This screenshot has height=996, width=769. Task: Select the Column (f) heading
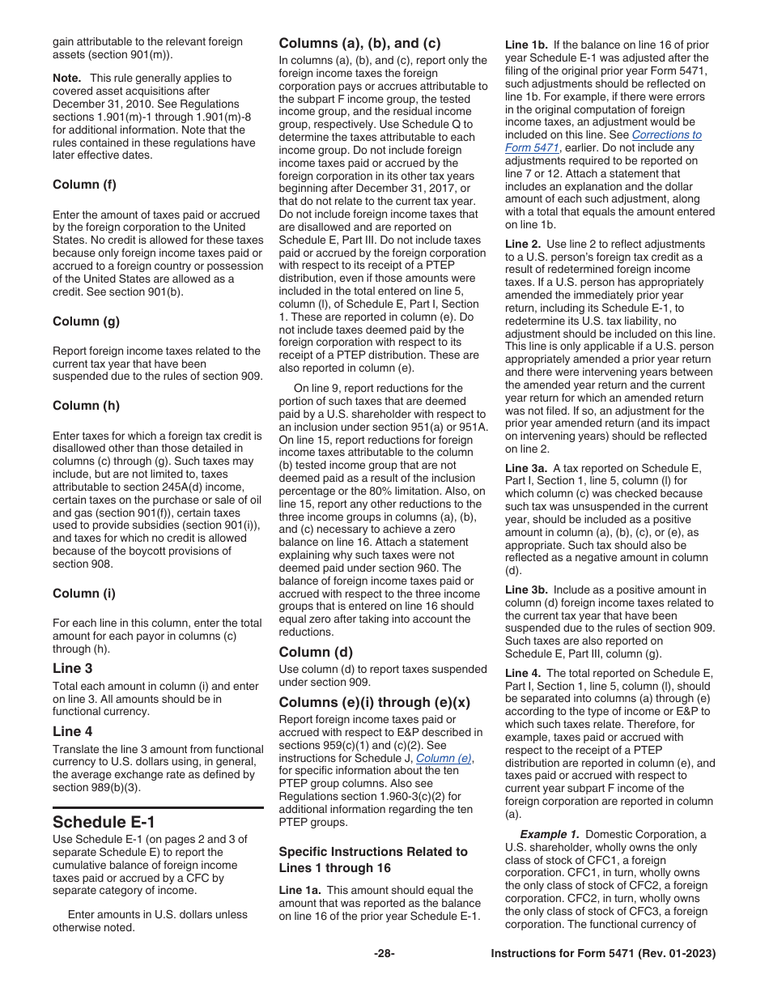coord(84,185)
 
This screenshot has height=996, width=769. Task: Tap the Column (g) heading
coord(86,321)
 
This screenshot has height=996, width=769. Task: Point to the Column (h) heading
coord(86,406)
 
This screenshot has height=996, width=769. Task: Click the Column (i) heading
coord(83,594)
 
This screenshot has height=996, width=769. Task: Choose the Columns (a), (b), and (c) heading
coord(359,44)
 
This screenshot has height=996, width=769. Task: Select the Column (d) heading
coord(316,652)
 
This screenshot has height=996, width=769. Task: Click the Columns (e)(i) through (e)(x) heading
coord(374,702)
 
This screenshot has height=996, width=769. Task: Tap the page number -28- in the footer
coord(384,954)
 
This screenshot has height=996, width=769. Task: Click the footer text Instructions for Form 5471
coord(603,954)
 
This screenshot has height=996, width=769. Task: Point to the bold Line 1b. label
coord(527,45)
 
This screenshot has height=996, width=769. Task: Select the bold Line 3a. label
coord(527,468)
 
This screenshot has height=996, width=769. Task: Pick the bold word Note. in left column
coord(67,79)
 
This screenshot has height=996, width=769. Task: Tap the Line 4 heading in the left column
coord(72,731)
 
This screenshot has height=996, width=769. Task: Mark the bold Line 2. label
coord(523,244)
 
